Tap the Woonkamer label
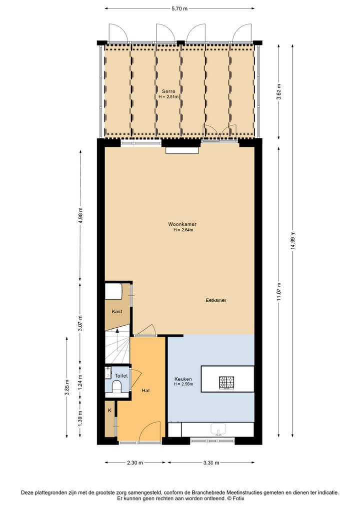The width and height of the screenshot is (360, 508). point(182,225)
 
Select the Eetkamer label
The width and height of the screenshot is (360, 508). point(216,300)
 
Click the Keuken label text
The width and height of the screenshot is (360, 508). point(183,379)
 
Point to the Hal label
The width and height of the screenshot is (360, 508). point(145,390)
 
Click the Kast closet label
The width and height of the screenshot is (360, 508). point(117,311)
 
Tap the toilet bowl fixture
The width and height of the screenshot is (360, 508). point(115,386)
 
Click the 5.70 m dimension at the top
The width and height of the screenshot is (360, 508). point(179,8)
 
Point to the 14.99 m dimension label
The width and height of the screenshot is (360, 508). point(292,244)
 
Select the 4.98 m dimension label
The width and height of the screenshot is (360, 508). point(80,216)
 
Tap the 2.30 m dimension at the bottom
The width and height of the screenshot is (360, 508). point(134,463)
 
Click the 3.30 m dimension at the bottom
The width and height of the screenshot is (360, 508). point(211,463)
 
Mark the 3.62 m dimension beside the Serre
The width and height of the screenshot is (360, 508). point(279,92)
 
